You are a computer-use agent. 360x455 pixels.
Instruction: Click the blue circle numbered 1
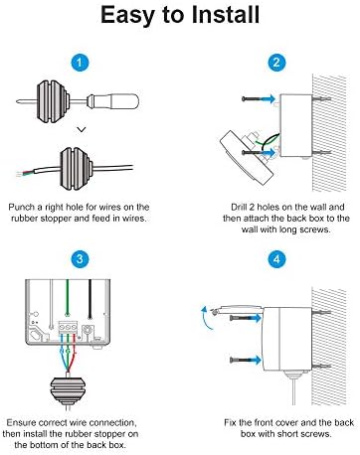(x=80, y=62)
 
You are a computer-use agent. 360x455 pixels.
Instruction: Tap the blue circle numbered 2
(x=276, y=62)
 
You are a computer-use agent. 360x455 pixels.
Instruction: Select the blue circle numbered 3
(x=80, y=258)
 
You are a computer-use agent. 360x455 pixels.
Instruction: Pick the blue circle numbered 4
(x=276, y=258)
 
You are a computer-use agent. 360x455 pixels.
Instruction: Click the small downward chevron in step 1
(x=82, y=129)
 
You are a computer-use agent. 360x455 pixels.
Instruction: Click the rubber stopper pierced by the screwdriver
(x=53, y=100)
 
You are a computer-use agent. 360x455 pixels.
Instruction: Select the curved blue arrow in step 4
(x=207, y=318)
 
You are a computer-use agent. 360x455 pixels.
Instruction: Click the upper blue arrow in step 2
(x=267, y=98)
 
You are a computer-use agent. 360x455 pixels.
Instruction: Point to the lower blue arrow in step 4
(x=254, y=360)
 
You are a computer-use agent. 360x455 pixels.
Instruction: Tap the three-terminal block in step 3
(x=68, y=327)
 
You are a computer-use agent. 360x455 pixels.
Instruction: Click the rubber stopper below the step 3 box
(x=68, y=390)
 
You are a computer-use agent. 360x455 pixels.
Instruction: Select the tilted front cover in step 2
(x=247, y=156)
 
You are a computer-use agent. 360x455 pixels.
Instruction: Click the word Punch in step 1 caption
(x=22, y=208)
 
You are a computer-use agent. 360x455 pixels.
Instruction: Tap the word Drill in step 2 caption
(x=239, y=208)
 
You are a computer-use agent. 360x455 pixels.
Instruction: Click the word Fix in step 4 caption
(x=231, y=423)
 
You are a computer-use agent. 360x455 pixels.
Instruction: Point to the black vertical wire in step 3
(x=90, y=299)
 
